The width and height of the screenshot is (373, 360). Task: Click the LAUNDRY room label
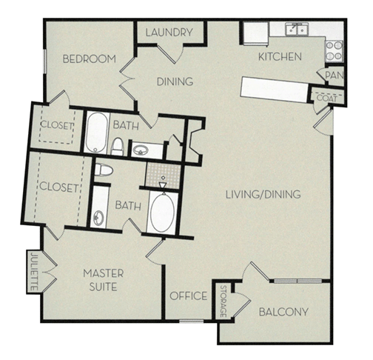pos(169,33)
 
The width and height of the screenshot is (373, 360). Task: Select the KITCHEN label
pos(279,57)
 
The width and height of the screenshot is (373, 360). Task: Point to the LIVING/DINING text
pos(262,196)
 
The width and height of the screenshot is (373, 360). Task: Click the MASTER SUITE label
pos(103,279)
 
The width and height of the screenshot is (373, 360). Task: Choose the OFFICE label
pos(188,296)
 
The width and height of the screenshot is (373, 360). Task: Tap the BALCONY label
pos(283,312)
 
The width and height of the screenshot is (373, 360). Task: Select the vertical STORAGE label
pos(223,303)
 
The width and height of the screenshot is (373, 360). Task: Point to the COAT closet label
pos(326,97)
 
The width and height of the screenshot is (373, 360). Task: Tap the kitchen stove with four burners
pos(335,50)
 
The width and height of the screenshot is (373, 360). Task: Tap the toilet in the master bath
pos(104,170)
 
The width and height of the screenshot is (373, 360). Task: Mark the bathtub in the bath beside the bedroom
pos(95,132)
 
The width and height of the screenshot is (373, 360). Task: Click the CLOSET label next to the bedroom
pos(57,126)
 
